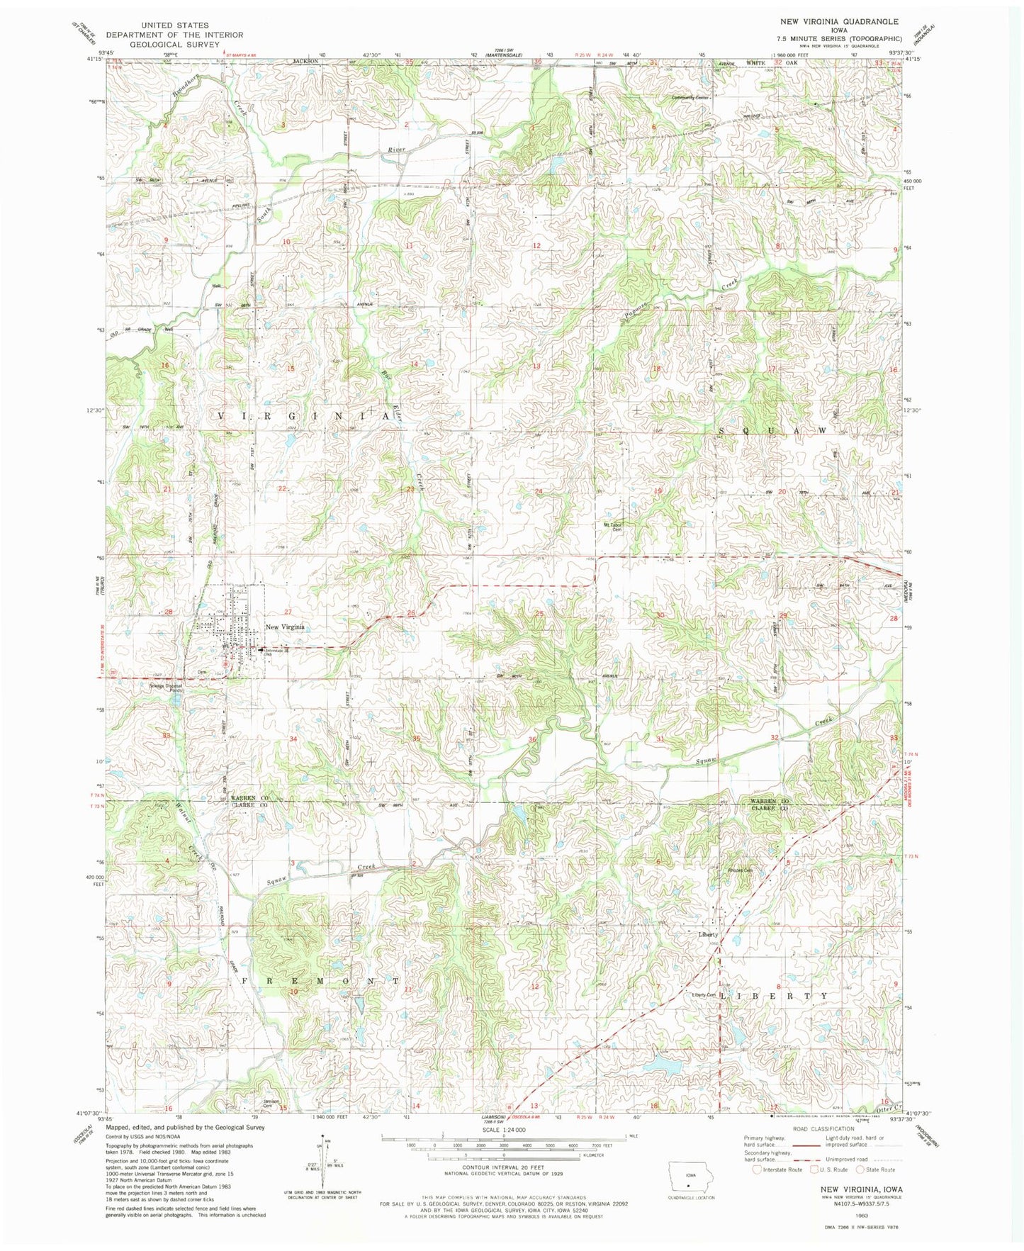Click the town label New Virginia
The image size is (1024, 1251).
[284, 627]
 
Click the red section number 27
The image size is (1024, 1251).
[288, 612]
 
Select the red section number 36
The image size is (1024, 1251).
[532, 740]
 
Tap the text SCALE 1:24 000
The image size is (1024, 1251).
[504, 1129]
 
